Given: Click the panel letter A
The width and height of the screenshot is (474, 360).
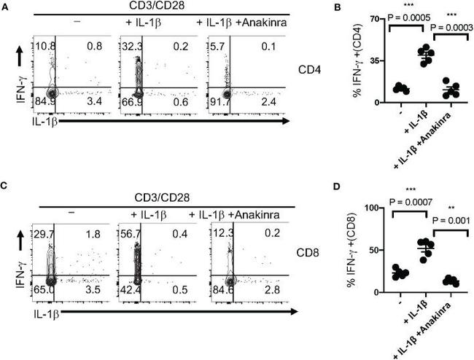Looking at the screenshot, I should [x=5, y=6].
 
